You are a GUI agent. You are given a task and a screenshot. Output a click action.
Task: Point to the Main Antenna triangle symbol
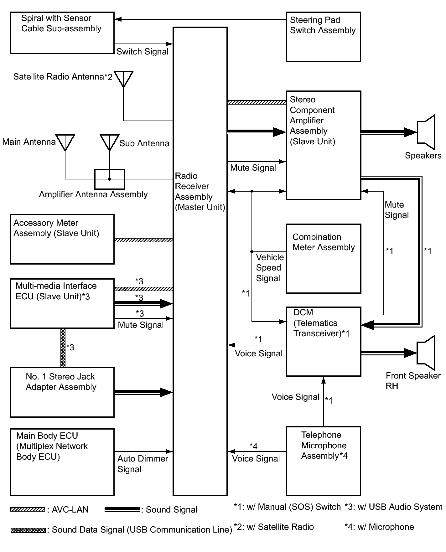click(x=65, y=143)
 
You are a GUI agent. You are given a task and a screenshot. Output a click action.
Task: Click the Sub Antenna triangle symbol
click(x=109, y=143)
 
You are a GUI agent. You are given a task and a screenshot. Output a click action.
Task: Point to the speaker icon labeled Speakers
click(x=426, y=132)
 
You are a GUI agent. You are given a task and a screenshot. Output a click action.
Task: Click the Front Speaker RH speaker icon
click(x=426, y=353)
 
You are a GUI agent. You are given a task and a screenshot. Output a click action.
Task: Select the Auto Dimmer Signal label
click(x=143, y=464)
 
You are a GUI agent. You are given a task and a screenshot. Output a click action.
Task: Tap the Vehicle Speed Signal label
click(x=270, y=268)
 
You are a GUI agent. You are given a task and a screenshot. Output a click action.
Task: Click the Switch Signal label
click(x=142, y=51)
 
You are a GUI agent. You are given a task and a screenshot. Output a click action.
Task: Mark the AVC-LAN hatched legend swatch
click(x=27, y=509)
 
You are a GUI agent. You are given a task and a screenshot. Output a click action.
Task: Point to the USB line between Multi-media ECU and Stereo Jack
click(x=63, y=348)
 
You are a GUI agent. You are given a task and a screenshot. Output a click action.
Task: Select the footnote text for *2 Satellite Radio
click(x=274, y=527)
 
